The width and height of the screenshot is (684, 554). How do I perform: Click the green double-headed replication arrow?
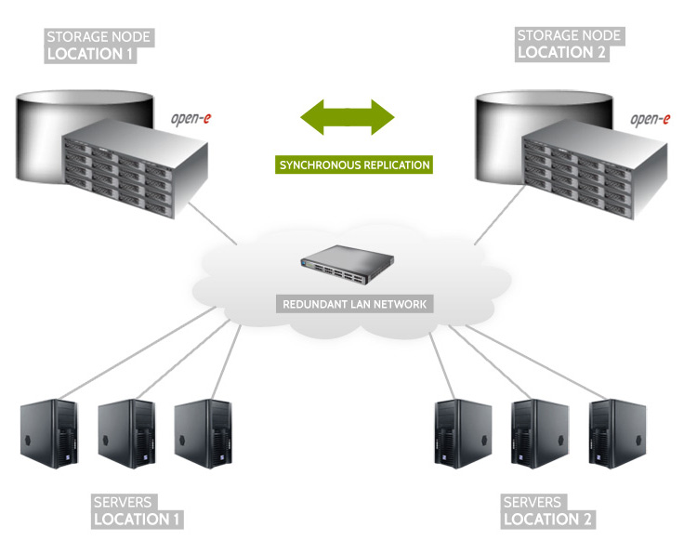tap(348, 118)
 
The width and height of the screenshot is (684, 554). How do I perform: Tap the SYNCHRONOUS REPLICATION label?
tap(354, 165)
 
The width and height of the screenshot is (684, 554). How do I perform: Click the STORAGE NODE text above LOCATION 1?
tap(99, 37)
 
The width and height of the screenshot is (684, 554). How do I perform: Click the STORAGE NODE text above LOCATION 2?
tap(569, 35)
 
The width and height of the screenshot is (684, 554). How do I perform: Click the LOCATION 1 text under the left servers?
tap(138, 519)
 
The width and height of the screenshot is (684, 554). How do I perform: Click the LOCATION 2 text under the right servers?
tap(547, 519)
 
